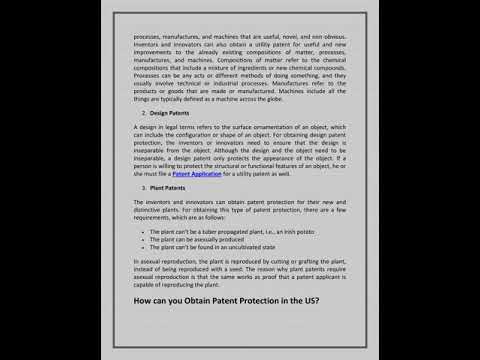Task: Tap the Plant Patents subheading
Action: pos(170,188)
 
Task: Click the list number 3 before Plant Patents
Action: pos(144,188)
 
